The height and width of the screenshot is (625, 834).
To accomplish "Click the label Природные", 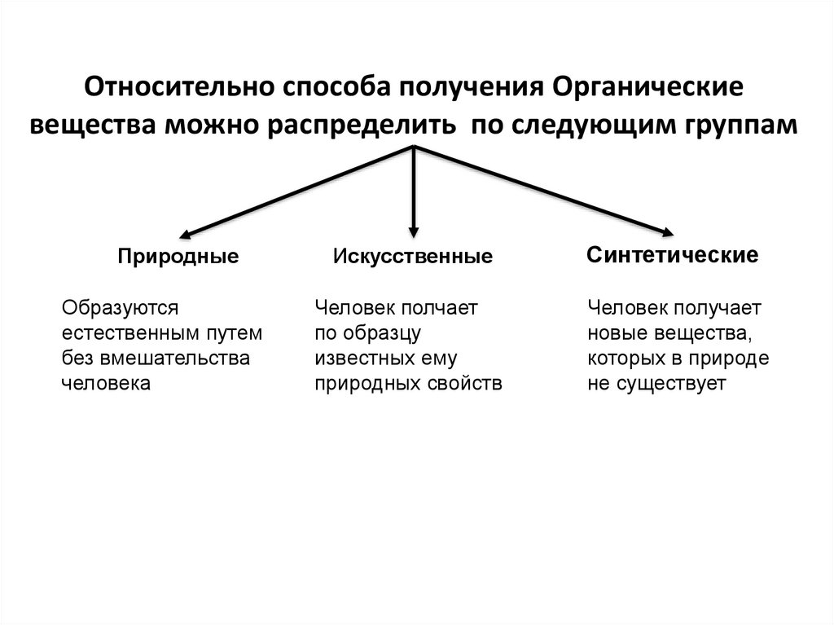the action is [x=178, y=257].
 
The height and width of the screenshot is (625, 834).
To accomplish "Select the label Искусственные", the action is [x=412, y=257].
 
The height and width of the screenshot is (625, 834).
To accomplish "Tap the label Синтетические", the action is [x=672, y=255].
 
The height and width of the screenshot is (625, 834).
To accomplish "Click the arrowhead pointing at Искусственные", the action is [x=414, y=231].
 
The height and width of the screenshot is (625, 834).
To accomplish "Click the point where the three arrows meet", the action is [x=415, y=147].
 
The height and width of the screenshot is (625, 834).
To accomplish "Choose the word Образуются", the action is [x=120, y=308].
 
